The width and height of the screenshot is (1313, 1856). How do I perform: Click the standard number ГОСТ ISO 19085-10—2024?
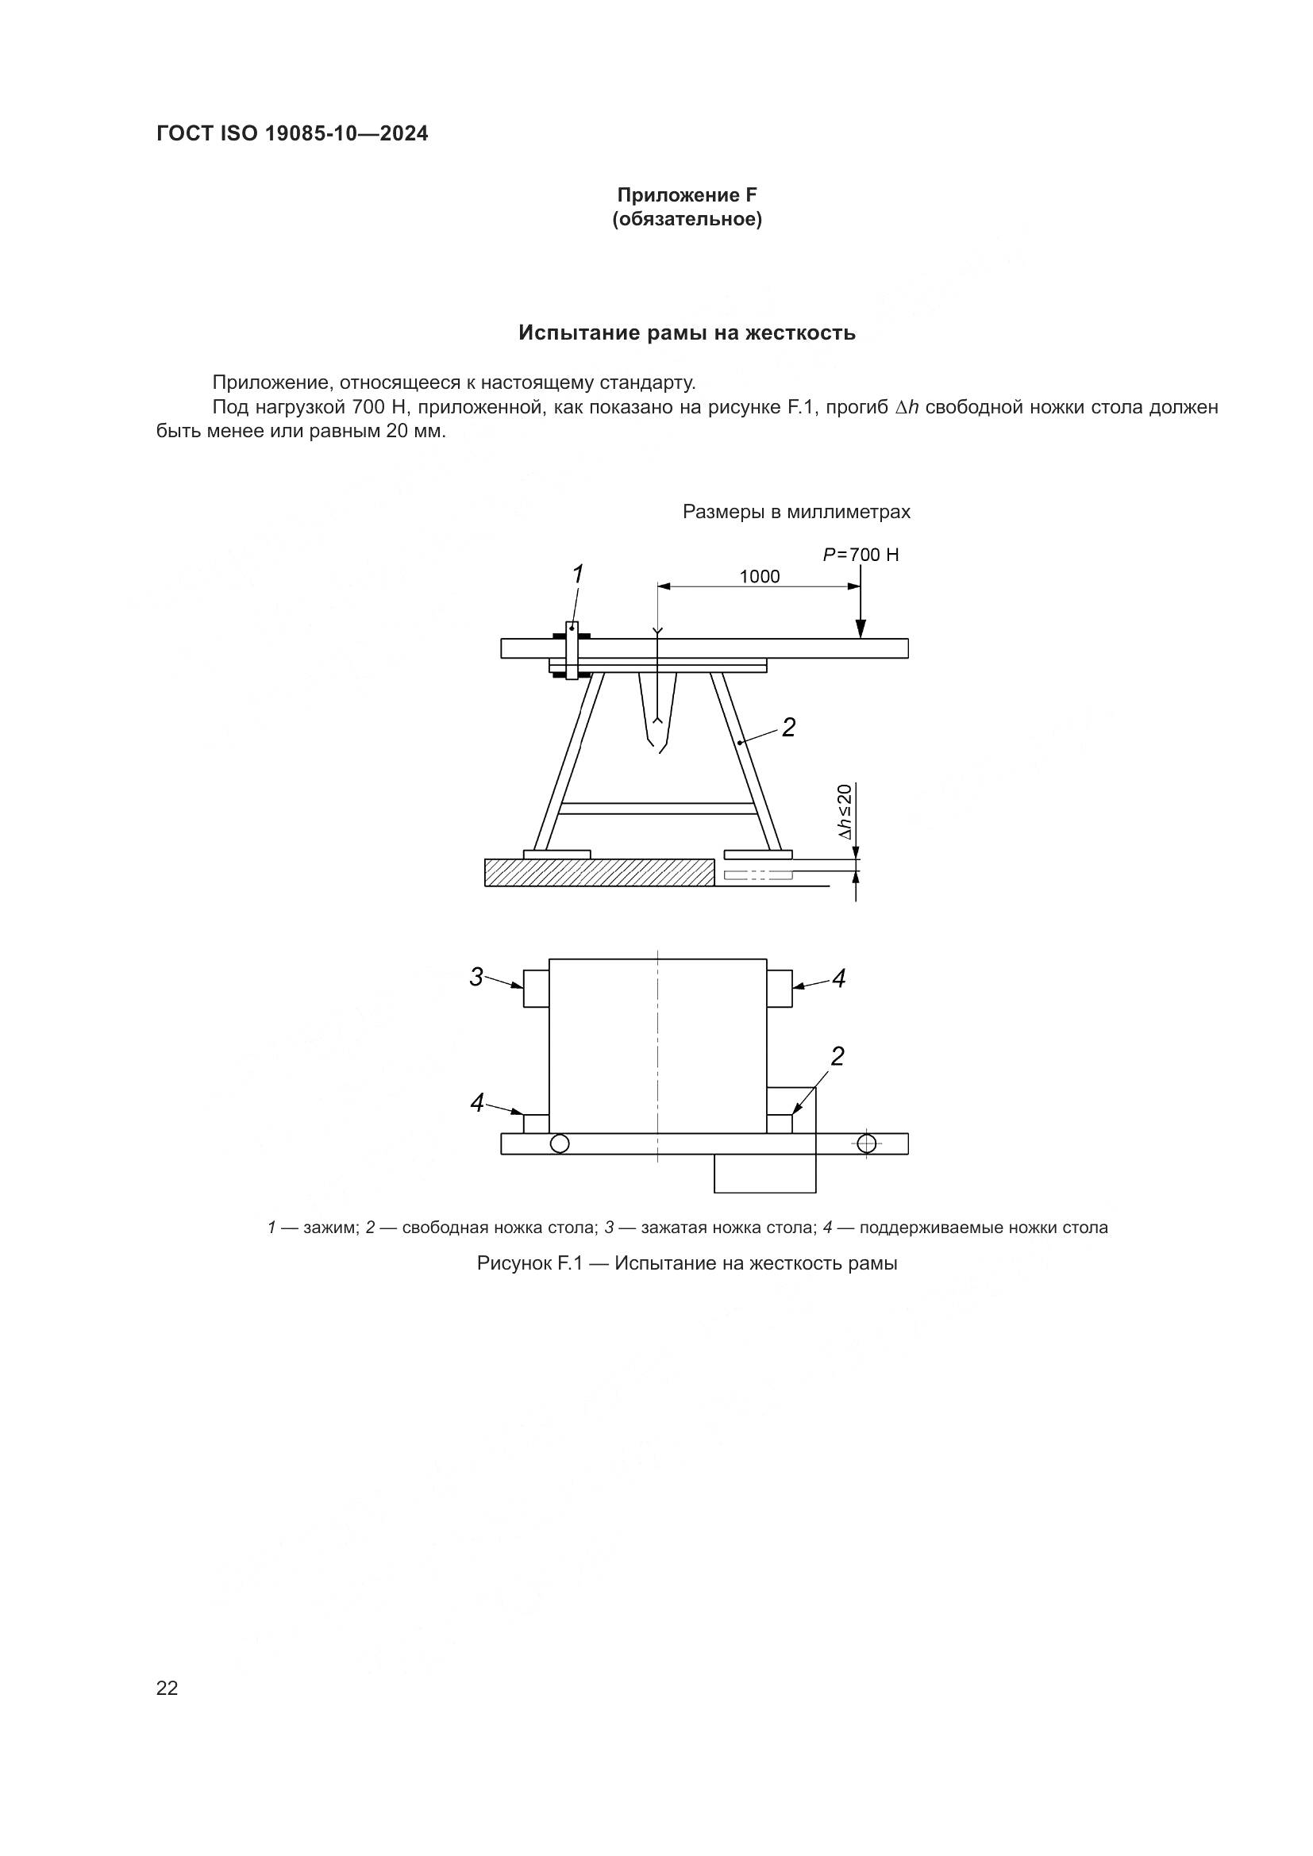click(x=292, y=134)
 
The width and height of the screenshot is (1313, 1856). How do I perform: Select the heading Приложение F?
click(x=687, y=195)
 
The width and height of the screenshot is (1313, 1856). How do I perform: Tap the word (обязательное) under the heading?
click(x=687, y=219)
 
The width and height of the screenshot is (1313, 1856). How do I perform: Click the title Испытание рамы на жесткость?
click(x=687, y=333)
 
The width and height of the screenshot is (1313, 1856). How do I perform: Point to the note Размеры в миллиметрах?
click(x=796, y=512)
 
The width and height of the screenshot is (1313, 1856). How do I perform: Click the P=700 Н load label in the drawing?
click(x=861, y=555)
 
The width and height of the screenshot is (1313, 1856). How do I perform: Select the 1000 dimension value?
click(x=759, y=576)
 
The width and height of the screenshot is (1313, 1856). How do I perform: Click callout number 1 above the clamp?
click(x=577, y=574)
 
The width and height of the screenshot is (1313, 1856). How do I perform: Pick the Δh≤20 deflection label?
click(x=844, y=812)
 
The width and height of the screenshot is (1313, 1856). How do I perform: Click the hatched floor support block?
click(x=599, y=872)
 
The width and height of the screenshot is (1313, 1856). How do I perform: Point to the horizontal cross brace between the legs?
click(x=656, y=809)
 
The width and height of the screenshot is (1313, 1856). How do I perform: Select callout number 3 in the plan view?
click(x=477, y=978)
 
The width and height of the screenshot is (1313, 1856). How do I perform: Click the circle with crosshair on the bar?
click(x=867, y=1144)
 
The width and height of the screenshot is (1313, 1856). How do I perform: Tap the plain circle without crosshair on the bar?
click(x=560, y=1144)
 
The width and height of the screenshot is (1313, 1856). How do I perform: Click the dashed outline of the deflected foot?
click(x=757, y=874)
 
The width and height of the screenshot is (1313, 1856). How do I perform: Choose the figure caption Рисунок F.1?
click(x=687, y=1262)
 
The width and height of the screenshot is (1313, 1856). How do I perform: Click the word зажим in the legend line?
click(x=330, y=1228)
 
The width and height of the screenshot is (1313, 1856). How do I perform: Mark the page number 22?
click(x=167, y=1688)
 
